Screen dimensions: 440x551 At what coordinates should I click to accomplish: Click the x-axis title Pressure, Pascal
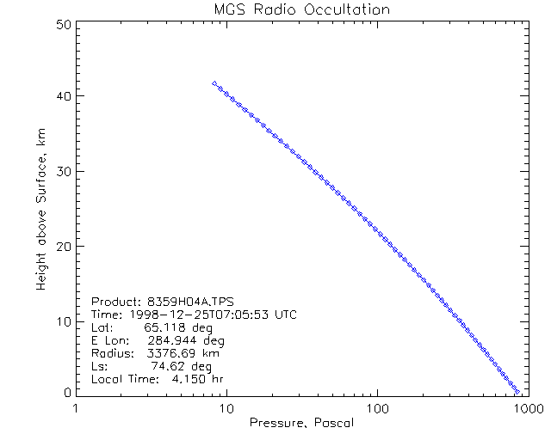point(300,423)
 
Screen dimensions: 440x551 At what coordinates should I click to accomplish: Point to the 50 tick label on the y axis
point(61,24)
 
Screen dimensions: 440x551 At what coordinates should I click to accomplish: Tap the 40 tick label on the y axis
point(61,96)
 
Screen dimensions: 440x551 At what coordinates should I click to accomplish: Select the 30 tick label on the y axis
point(61,171)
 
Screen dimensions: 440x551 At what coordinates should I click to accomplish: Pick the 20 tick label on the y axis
point(61,246)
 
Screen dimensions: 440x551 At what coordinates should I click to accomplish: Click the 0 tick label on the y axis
point(65,392)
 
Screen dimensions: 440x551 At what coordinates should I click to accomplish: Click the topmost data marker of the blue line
point(214,83)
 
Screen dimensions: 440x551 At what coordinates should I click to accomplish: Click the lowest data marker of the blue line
point(517,391)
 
